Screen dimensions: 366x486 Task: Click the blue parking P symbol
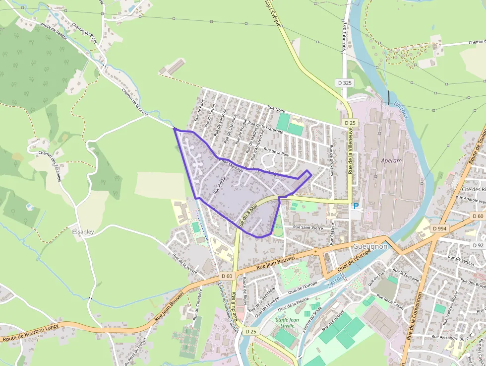coord(355,206)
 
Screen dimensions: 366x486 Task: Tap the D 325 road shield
coord(345,82)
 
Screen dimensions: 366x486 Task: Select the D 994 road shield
coord(439,228)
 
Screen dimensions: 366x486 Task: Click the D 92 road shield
coord(478,245)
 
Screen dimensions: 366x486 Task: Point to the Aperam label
coord(392,161)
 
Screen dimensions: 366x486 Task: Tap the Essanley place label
coord(83,232)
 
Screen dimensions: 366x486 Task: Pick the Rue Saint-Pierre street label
coord(307,227)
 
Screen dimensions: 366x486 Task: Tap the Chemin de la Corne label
coord(135,99)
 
